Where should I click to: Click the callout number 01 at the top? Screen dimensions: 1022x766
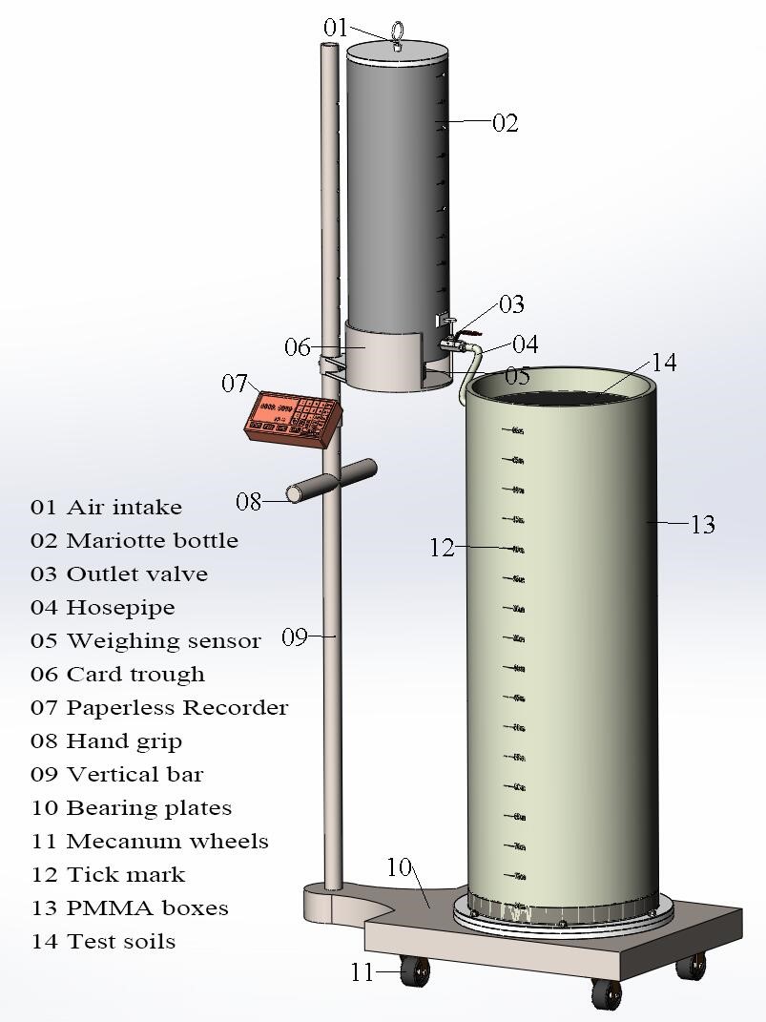(x=336, y=29)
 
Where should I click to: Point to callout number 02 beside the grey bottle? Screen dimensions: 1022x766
(x=506, y=123)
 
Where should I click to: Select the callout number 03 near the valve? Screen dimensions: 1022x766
(x=512, y=304)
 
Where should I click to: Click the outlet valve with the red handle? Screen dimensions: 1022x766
(x=456, y=337)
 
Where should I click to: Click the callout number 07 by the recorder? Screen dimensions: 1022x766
(x=236, y=384)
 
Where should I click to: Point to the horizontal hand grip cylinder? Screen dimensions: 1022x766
(x=333, y=481)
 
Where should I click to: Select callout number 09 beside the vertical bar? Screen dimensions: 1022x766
(x=294, y=636)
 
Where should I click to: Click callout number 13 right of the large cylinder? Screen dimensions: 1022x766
(x=703, y=525)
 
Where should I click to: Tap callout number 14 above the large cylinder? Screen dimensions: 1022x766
(x=664, y=363)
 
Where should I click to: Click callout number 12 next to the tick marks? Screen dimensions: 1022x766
(x=442, y=549)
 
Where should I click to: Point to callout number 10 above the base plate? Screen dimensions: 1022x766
(x=399, y=867)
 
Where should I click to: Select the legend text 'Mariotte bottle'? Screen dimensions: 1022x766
(x=152, y=540)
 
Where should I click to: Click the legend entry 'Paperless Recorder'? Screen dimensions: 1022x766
(x=176, y=707)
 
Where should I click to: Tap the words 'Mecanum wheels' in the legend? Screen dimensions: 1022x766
(x=167, y=841)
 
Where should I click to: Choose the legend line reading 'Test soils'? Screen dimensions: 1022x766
(x=121, y=941)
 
